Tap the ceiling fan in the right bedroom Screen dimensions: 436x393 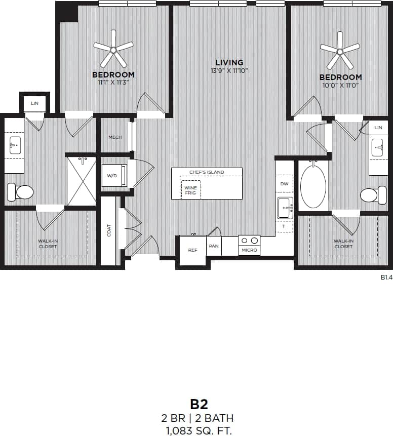point(340,51)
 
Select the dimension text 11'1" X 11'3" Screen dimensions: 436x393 point(113,82)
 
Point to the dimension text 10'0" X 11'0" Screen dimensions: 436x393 point(340,85)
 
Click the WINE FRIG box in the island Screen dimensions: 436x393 point(190,190)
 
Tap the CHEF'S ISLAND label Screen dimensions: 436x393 point(207,172)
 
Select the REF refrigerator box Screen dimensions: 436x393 point(192,250)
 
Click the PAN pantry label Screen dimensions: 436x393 point(214,247)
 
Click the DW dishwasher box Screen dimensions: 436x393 point(284,184)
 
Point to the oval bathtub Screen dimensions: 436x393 point(313,184)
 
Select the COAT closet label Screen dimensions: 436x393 point(109,230)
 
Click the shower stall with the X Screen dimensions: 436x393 point(81,181)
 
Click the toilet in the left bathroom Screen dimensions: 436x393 point(20,192)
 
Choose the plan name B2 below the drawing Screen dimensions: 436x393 point(199,404)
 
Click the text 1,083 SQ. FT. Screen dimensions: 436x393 point(199,430)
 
